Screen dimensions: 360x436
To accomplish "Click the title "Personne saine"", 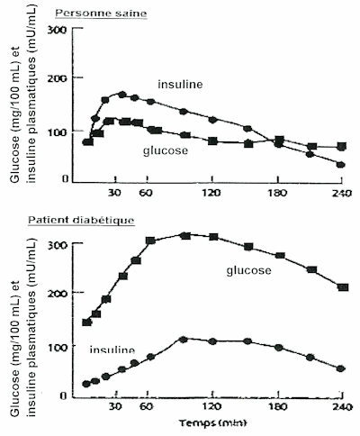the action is click(x=101, y=14).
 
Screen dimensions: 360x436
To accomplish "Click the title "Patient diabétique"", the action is click(x=81, y=221).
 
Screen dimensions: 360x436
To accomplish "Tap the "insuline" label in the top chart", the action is click(x=180, y=85).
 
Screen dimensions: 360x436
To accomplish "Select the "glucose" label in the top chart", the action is click(x=166, y=150).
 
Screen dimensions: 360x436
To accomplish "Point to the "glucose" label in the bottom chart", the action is click(x=248, y=270).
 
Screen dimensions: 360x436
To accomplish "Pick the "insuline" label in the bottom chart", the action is click(x=112, y=350).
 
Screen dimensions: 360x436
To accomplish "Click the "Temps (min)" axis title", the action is click(x=213, y=422).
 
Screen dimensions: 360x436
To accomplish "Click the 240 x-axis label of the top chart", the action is click(x=342, y=193).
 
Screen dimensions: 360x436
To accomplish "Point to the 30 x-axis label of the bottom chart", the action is click(x=115, y=407).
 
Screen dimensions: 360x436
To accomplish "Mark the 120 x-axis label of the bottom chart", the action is click(x=212, y=407).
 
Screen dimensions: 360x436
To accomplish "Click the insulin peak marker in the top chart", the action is click(x=121, y=95).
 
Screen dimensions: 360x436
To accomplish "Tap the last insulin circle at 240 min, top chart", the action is click(x=340, y=165).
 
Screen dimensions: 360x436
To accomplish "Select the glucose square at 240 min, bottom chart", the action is click(x=343, y=287).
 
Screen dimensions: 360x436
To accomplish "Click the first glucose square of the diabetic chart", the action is click(x=86, y=322).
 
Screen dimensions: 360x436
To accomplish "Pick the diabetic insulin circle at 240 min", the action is click(x=340, y=368).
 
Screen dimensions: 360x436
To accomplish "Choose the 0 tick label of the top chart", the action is click(x=66, y=179).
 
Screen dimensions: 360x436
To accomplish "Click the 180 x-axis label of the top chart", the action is click(x=278, y=193).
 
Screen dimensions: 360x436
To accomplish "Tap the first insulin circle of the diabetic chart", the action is click(x=86, y=384).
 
